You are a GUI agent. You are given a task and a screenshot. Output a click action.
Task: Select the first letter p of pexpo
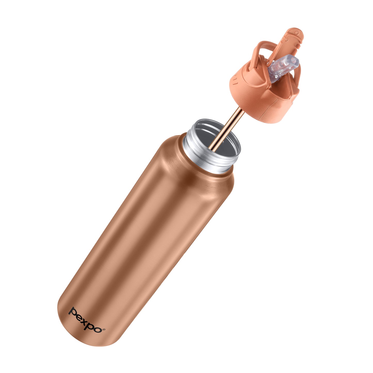pyautogui.click(x=73, y=312)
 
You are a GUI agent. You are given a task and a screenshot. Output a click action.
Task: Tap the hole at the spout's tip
pyautogui.click(x=294, y=60)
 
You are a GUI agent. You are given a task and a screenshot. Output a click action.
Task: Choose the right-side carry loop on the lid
pyautogui.click(x=297, y=77)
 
